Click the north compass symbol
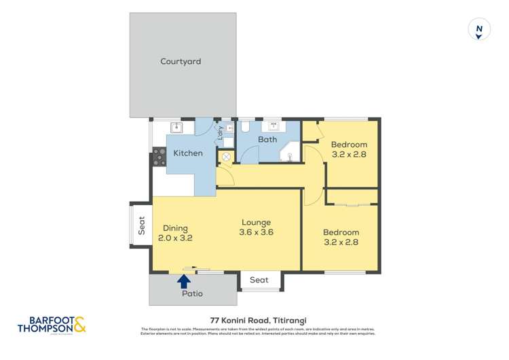(479, 30)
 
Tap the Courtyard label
(181, 62)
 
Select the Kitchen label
(188, 154)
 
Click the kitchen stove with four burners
(159, 157)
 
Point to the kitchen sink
(178, 127)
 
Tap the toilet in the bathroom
(246, 127)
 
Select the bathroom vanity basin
(276, 126)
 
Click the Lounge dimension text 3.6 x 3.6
(255, 232)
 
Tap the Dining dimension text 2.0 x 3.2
(176, 238)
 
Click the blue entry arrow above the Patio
(184, 279)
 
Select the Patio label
(192, 294)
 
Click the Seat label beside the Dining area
(142, 225)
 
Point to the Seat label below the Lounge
(259, 280)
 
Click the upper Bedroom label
(349, 145)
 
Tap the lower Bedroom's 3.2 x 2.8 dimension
(341, 242)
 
